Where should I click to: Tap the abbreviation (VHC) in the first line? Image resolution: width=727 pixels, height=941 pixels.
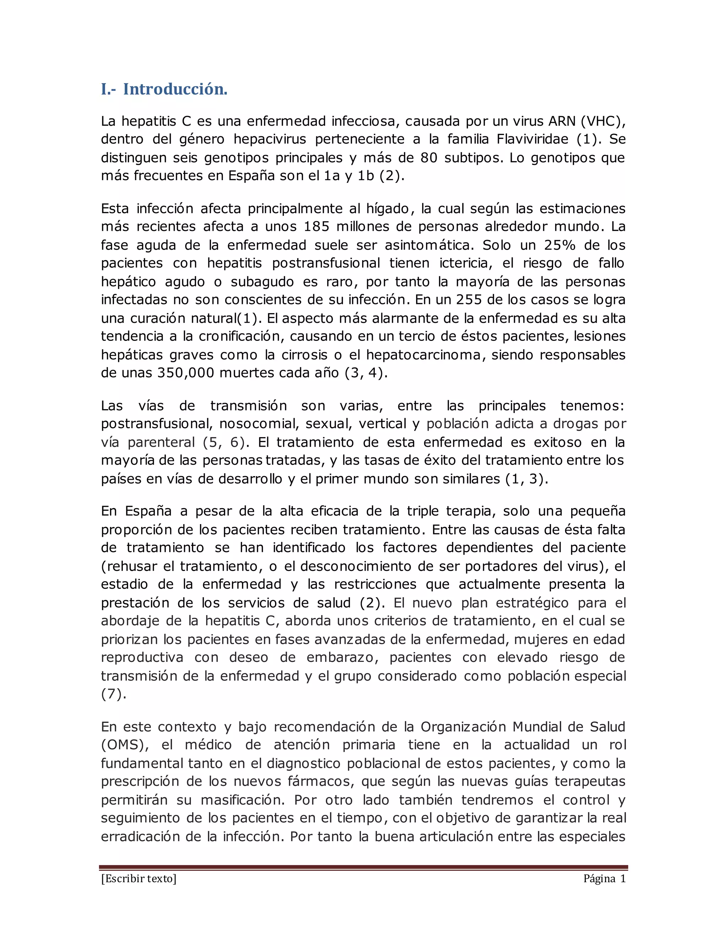(x=603, y=121)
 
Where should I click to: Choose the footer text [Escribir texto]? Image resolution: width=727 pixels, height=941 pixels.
(x=139, y=879)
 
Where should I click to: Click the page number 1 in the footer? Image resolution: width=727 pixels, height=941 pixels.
(x=622, y=879)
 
